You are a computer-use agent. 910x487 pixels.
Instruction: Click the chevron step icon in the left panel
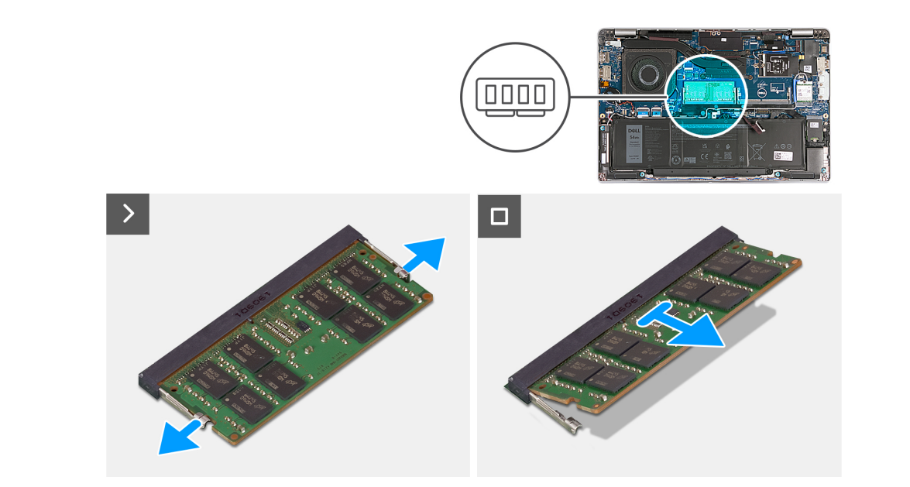point(128,214)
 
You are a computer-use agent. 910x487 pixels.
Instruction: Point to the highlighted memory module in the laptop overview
point(706,91)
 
